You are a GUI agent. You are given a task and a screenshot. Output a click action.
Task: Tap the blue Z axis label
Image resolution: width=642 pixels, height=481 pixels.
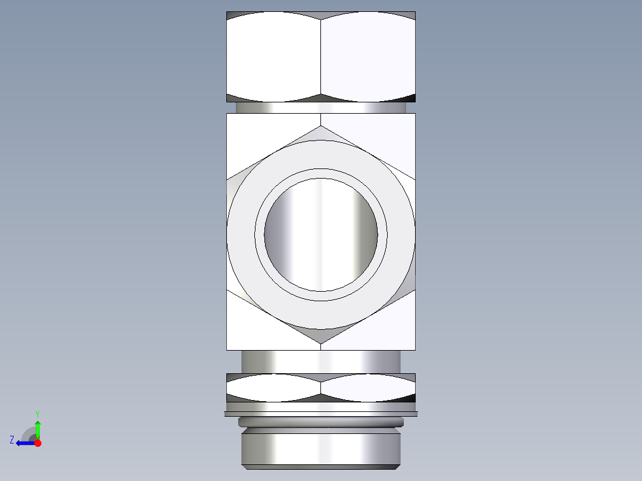(12, 440)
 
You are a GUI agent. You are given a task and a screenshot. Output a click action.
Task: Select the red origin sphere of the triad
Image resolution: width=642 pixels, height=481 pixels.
(38, 443)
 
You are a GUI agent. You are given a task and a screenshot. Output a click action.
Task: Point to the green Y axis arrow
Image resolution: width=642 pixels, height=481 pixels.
(38, 429)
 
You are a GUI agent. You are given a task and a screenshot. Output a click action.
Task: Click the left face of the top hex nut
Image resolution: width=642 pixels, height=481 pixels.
(273, 57)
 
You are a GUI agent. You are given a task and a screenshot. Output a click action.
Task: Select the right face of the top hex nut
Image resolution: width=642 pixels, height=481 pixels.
(368, 57)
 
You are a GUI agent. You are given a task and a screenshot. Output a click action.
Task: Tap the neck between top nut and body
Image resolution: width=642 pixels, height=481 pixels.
(321, 108)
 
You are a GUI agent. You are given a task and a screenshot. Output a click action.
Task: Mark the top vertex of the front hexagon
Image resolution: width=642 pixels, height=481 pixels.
(321, 126)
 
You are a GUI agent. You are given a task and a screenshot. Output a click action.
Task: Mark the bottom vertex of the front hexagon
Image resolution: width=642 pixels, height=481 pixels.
(321, 343)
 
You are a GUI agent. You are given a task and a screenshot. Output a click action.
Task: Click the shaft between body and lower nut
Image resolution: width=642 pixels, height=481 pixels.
(321, 361)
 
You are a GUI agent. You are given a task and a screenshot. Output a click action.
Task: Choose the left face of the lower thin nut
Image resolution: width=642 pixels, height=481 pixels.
(273, 388)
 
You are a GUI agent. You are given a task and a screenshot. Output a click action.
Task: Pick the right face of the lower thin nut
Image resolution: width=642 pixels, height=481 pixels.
(368, 388)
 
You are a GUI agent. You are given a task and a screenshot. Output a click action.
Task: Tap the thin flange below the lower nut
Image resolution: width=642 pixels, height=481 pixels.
(321, 413)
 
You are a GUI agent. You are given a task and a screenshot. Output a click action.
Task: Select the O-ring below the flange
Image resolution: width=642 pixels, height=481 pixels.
(321, 422)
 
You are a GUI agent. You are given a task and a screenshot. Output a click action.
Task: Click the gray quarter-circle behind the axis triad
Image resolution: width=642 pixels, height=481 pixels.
(29, 434)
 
